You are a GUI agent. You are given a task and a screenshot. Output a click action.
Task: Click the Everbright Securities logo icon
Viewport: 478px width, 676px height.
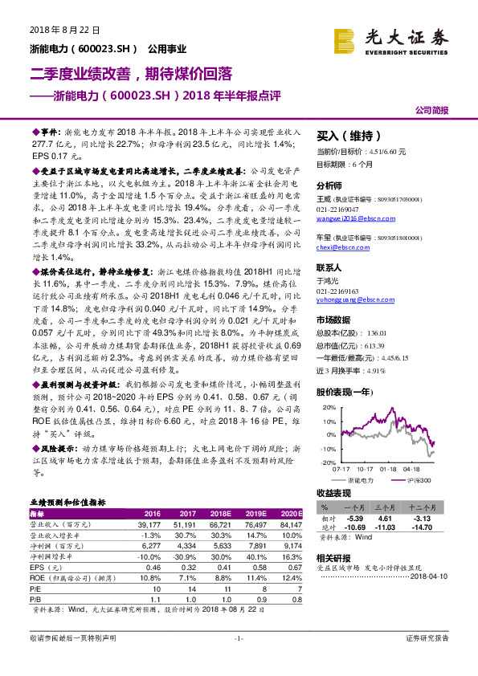(x=348, y=38)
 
